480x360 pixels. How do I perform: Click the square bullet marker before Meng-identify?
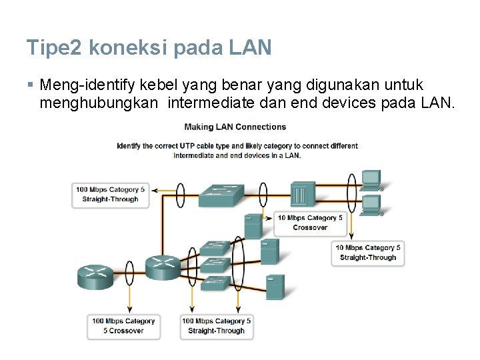31,86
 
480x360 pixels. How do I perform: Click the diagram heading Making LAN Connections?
235,127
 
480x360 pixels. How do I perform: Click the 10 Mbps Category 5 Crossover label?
310,223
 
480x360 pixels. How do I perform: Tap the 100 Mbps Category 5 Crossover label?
123,326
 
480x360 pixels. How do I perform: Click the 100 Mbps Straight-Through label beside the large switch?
110,194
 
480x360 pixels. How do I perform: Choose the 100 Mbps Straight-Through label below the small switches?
215,326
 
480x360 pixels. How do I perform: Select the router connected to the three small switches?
163,267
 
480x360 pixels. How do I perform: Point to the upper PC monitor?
371,178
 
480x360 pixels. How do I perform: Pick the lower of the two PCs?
371,203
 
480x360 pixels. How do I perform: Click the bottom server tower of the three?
275,287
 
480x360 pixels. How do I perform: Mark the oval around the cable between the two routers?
131,269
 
